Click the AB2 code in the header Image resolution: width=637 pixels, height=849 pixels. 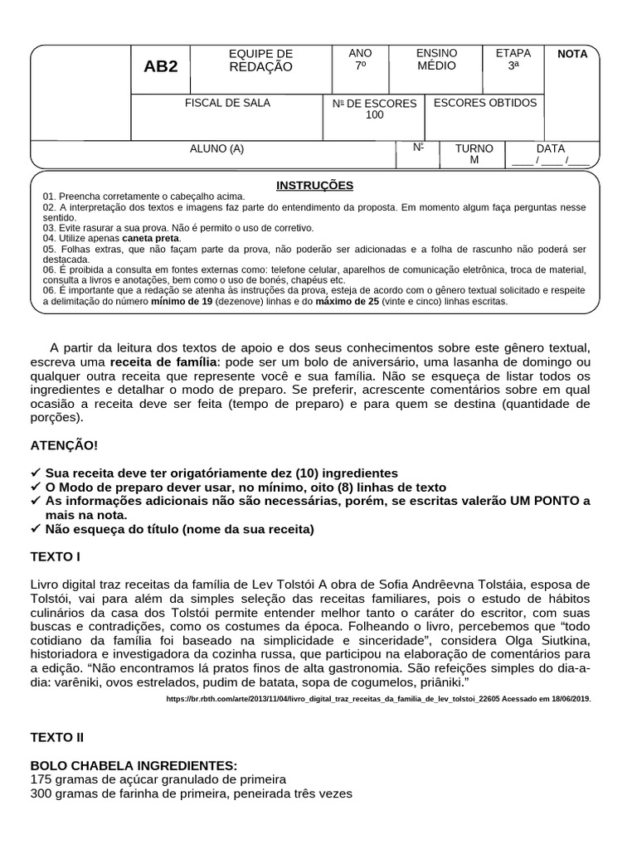(x=161, y=67)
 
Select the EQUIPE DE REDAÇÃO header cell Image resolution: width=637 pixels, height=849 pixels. (x=260, y=61)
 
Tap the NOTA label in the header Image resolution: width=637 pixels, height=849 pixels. (x=572, y=54)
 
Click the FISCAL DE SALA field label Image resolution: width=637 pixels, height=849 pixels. (x=226, y=103)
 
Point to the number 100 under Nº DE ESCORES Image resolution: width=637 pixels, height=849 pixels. (x=375, y=115)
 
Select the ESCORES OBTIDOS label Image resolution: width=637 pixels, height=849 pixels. (x=485, y=103)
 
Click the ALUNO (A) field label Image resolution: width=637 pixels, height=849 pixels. (x=217, y=149)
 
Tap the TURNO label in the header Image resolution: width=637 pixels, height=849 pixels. (x=474, y=148)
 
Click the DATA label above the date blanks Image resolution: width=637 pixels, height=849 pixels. (x=551, y=148)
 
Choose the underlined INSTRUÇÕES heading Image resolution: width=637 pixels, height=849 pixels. (x=314, y=185)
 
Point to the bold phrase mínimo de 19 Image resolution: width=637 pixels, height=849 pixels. (x=183, y=302)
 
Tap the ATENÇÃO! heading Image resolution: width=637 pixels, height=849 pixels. (x=64, y=445)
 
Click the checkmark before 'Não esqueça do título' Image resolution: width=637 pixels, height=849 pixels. (x=35, y=529)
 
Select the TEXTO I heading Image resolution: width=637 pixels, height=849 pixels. (x=56, y=556)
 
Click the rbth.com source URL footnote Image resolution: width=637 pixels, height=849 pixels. (x=378, y=699)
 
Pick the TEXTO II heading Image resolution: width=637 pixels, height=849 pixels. (x=57, y=736)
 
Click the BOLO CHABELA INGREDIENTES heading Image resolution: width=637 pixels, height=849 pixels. (x=134, y=764)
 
